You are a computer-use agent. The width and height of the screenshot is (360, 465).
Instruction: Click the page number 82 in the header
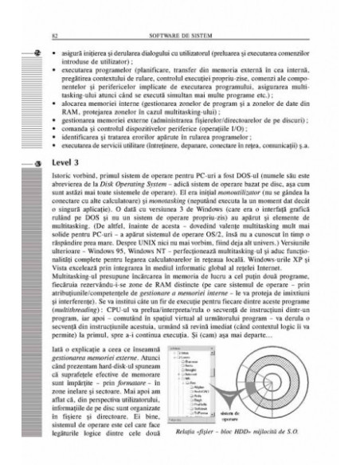pos(53,36)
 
